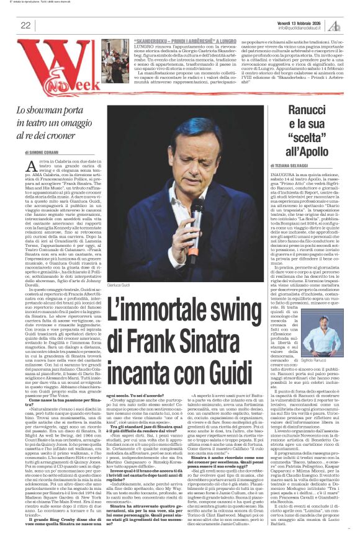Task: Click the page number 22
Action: point(26,25)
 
